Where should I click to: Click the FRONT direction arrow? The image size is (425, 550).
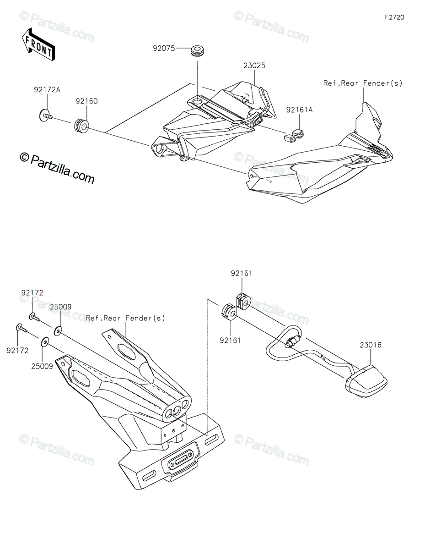(38, 44)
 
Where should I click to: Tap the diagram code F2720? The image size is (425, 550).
(394, 17)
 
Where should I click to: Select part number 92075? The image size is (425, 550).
(164, 48)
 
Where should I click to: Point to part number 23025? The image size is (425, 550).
(254, 66)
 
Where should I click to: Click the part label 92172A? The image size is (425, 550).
(47, 89)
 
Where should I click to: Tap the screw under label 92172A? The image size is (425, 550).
(46, 115)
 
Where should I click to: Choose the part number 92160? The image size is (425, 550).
(86, 101)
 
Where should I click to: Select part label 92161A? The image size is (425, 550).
(300, 110)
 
